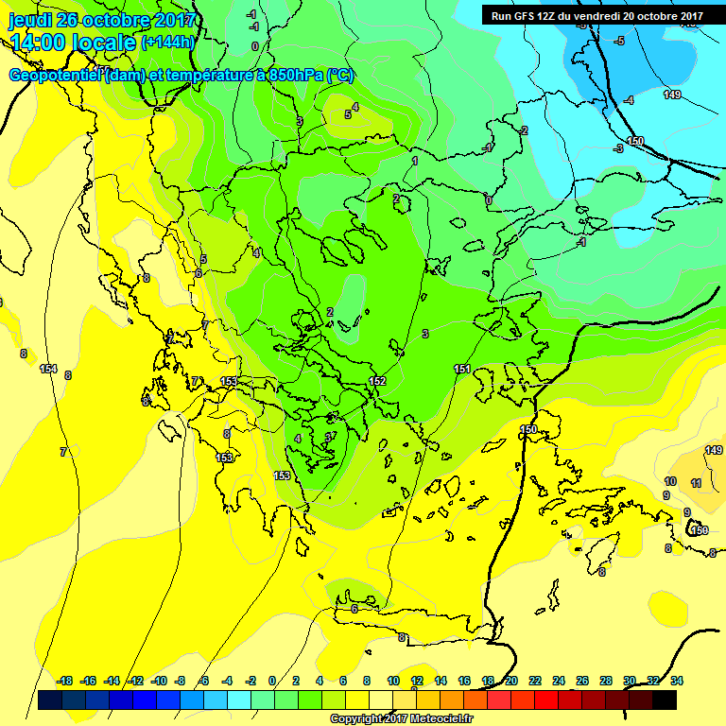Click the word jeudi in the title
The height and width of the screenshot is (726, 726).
29,20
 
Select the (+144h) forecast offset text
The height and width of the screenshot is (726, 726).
167,43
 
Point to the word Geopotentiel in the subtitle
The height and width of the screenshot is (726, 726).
56,75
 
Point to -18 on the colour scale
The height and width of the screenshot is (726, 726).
65,681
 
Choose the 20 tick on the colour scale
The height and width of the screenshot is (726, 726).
510,681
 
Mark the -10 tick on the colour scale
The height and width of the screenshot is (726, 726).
159,681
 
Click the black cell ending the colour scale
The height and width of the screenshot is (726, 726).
665,700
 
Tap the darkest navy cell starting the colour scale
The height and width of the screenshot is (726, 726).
49,700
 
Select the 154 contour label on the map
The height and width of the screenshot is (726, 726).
48,369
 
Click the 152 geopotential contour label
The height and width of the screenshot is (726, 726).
377,381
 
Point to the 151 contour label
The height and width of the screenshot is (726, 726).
462,369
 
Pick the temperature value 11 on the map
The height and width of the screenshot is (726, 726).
696,483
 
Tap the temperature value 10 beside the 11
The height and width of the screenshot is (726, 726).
670,481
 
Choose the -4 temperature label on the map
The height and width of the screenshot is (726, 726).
629,99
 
